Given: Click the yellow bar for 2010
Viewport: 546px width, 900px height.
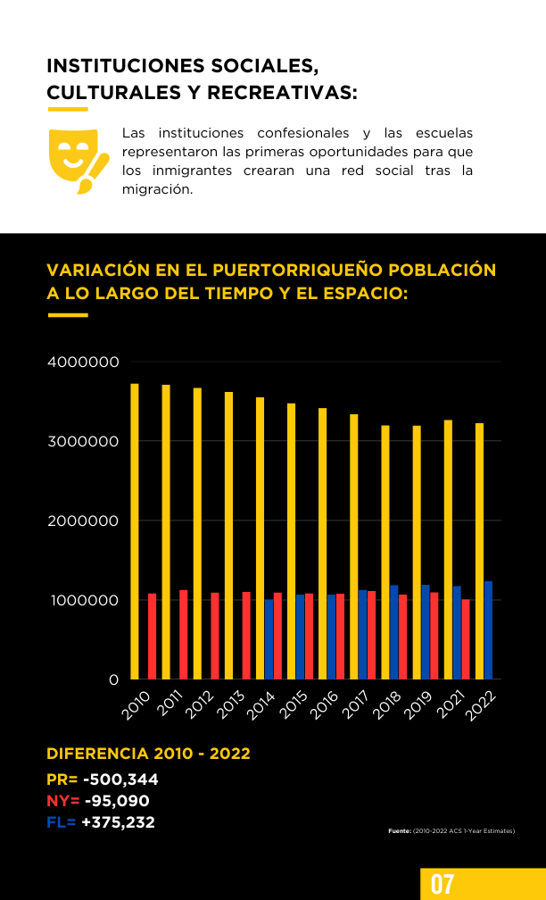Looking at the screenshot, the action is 135,531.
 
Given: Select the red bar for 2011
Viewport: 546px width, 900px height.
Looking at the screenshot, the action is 184,634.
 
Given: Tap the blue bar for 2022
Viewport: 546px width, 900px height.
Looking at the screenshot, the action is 488,630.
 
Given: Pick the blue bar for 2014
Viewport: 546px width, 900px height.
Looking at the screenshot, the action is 269,639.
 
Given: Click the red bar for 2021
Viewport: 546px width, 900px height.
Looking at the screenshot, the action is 465,639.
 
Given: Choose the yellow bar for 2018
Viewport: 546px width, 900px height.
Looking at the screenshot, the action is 385,552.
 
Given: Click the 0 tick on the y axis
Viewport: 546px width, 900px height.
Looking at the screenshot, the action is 113,679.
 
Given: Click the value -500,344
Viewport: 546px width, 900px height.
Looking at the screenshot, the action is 120,780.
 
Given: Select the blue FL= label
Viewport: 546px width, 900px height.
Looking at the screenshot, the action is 62,822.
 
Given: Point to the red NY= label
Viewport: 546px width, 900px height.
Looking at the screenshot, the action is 63,801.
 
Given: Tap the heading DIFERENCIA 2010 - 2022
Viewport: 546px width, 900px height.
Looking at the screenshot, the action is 148,754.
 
